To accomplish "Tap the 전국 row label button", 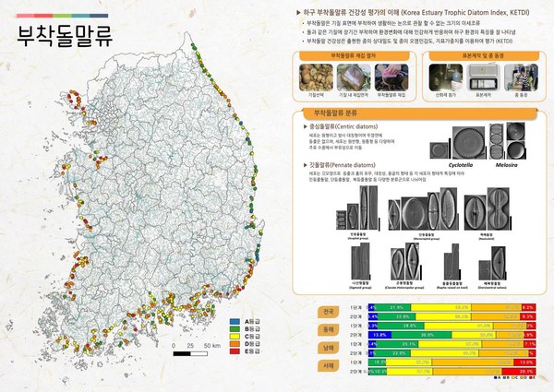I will (x=328, y=311).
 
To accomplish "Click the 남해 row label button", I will (x=328, y=347).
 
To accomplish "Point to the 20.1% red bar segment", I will (x=543, y=371).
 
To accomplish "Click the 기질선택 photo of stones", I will (x=314, y=77).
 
